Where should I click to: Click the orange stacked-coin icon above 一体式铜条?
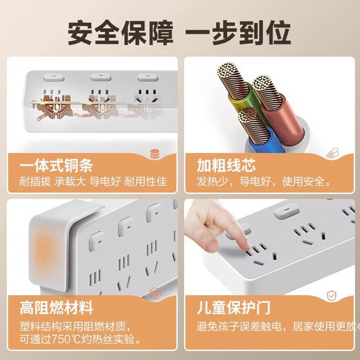tap(156, 153)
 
